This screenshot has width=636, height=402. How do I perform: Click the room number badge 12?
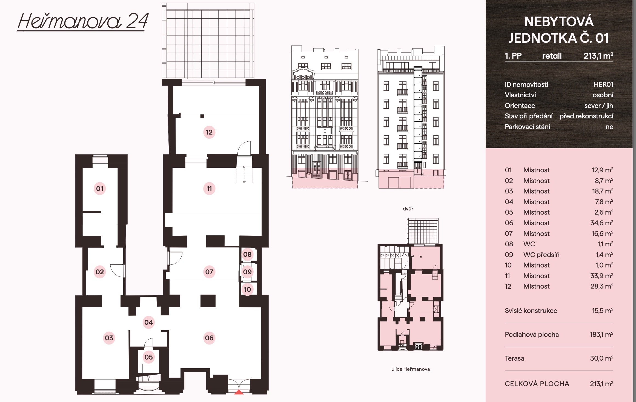(209, 132)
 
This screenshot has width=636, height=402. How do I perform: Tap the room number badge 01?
(100, 189)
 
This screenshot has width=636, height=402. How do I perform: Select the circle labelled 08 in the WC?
(247, 254)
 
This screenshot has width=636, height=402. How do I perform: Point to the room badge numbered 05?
(149, 357)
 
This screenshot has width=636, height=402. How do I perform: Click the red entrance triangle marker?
(239, 392)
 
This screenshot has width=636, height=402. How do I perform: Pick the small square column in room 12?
(202, 116)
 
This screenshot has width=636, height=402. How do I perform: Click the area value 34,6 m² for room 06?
(602, 223)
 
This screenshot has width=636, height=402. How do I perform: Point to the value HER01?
(603, 84)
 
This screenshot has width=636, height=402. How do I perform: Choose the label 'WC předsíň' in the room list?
(541, 255)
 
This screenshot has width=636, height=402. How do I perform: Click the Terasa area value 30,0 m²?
(602, 358)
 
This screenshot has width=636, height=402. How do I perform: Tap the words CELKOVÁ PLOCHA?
(537, 384)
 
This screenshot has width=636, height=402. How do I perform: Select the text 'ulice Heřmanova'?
(411, 369)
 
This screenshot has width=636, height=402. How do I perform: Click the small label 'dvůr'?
(408, 209)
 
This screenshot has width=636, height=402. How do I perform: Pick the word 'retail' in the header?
(552, 56)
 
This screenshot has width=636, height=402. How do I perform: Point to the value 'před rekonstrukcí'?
(586, 116)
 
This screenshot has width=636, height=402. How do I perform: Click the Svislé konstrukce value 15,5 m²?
(603, 310)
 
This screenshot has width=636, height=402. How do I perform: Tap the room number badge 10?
(247, 289)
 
